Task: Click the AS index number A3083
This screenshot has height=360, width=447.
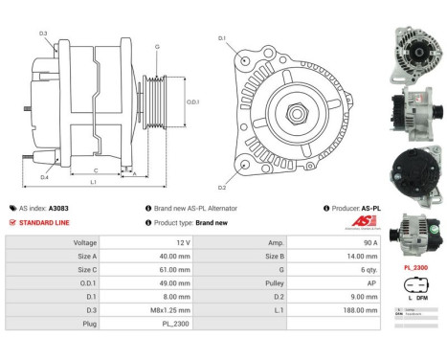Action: [59, 208]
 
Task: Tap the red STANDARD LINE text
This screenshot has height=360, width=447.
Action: [45, 222]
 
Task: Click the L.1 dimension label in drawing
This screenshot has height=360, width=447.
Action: [94, 182]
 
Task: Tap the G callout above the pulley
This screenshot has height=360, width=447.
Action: [157, 46]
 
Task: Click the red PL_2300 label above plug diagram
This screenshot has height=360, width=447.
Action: [415, 269]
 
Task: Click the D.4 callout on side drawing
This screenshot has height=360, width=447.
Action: [44, 176]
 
